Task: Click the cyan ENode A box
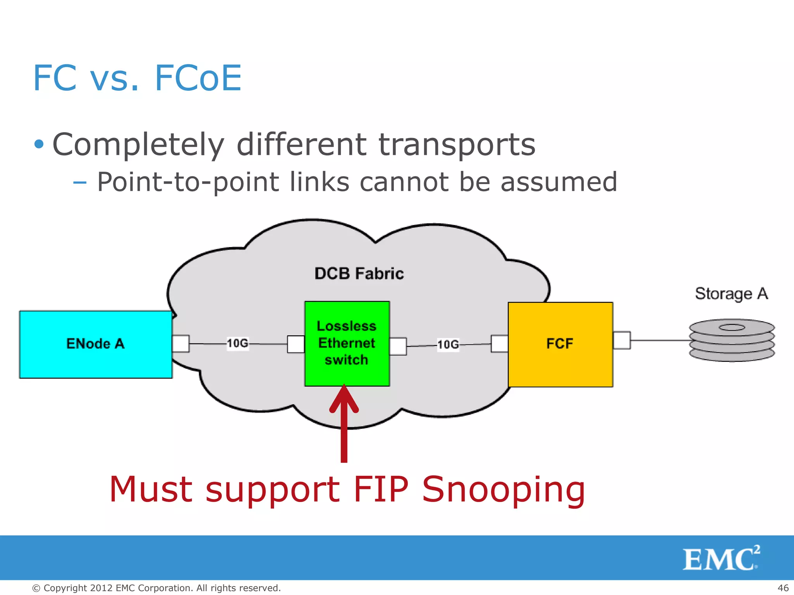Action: [x=95, y=344]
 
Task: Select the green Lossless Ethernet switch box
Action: [x=347, y=344]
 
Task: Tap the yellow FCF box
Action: [x=560, y=344]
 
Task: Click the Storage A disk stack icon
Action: [x=732, y=340]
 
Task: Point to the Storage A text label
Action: [x=731, y=294]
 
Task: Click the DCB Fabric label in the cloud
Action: [x=359, y=273]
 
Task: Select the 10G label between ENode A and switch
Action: [x=238, y=343]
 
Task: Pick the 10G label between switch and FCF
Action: [x=448, y=344]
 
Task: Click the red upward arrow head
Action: [x=344, y=399]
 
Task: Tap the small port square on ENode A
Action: [x=181, y=344]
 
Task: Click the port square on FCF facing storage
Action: [x=622, y=340]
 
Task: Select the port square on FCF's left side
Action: [x=500, y=344]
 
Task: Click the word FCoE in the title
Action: [x=198, y=78]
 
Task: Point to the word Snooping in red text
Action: [x=503, y=490]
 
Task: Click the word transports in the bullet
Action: [x=457, y=145]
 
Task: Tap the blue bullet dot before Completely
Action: [x=39, y=144]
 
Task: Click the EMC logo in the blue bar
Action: [x=721, y=558]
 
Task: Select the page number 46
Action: [x=783, y=588]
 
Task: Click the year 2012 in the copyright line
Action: [x=102, y=588]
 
